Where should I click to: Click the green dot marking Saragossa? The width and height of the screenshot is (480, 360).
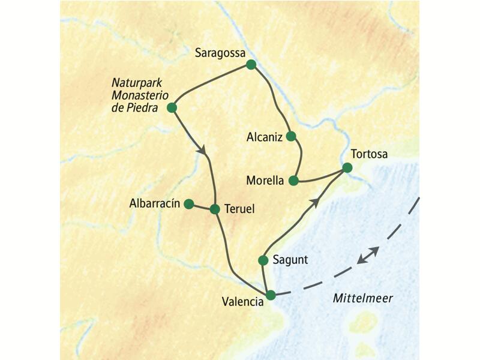click(251, 65)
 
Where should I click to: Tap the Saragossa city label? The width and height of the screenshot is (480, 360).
click(220, 53)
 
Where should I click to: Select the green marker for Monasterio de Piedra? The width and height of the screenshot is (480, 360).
click(172, 108)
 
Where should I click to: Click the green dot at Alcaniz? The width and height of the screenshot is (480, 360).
click(291, 136)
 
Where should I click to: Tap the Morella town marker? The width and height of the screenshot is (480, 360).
click(293, 180)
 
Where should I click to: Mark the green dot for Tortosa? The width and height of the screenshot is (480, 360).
click(347, 168)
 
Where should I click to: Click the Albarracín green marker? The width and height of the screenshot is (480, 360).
click(188, 204)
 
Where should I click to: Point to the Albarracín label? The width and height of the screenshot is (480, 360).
click(155, 204)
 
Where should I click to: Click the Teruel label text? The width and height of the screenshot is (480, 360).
click(239, 209)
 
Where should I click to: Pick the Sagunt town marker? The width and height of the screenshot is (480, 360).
click(262, 260)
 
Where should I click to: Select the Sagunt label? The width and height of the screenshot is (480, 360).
click(290, 260)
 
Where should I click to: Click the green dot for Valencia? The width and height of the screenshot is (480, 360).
click(271, 295)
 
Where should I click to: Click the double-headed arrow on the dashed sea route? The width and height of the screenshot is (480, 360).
click(367, 254)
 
